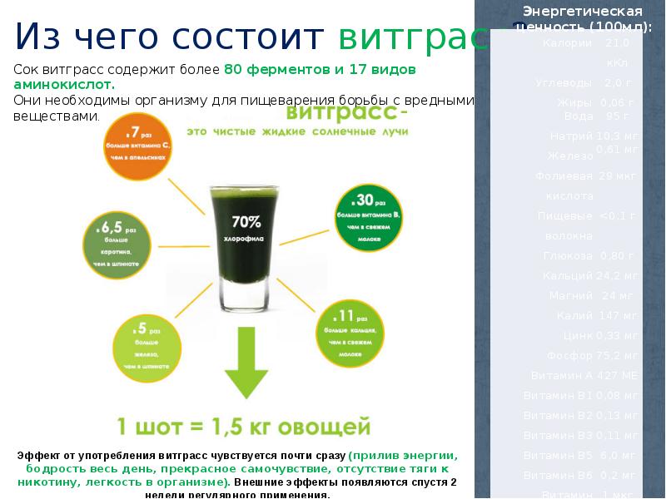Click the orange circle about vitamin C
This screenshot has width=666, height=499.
coord(138,148)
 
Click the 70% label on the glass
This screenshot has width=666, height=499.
coord(246,222)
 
